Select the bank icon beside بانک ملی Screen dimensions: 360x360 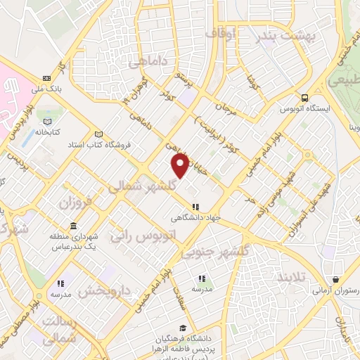(x=46, y=77)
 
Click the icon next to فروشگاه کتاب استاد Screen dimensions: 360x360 (x=99, y=134)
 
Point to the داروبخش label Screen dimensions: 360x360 (x=105, y=289)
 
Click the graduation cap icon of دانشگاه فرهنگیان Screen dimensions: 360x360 (x=183, y=328)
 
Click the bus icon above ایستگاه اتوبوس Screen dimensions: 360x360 (x=304, y=98)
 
